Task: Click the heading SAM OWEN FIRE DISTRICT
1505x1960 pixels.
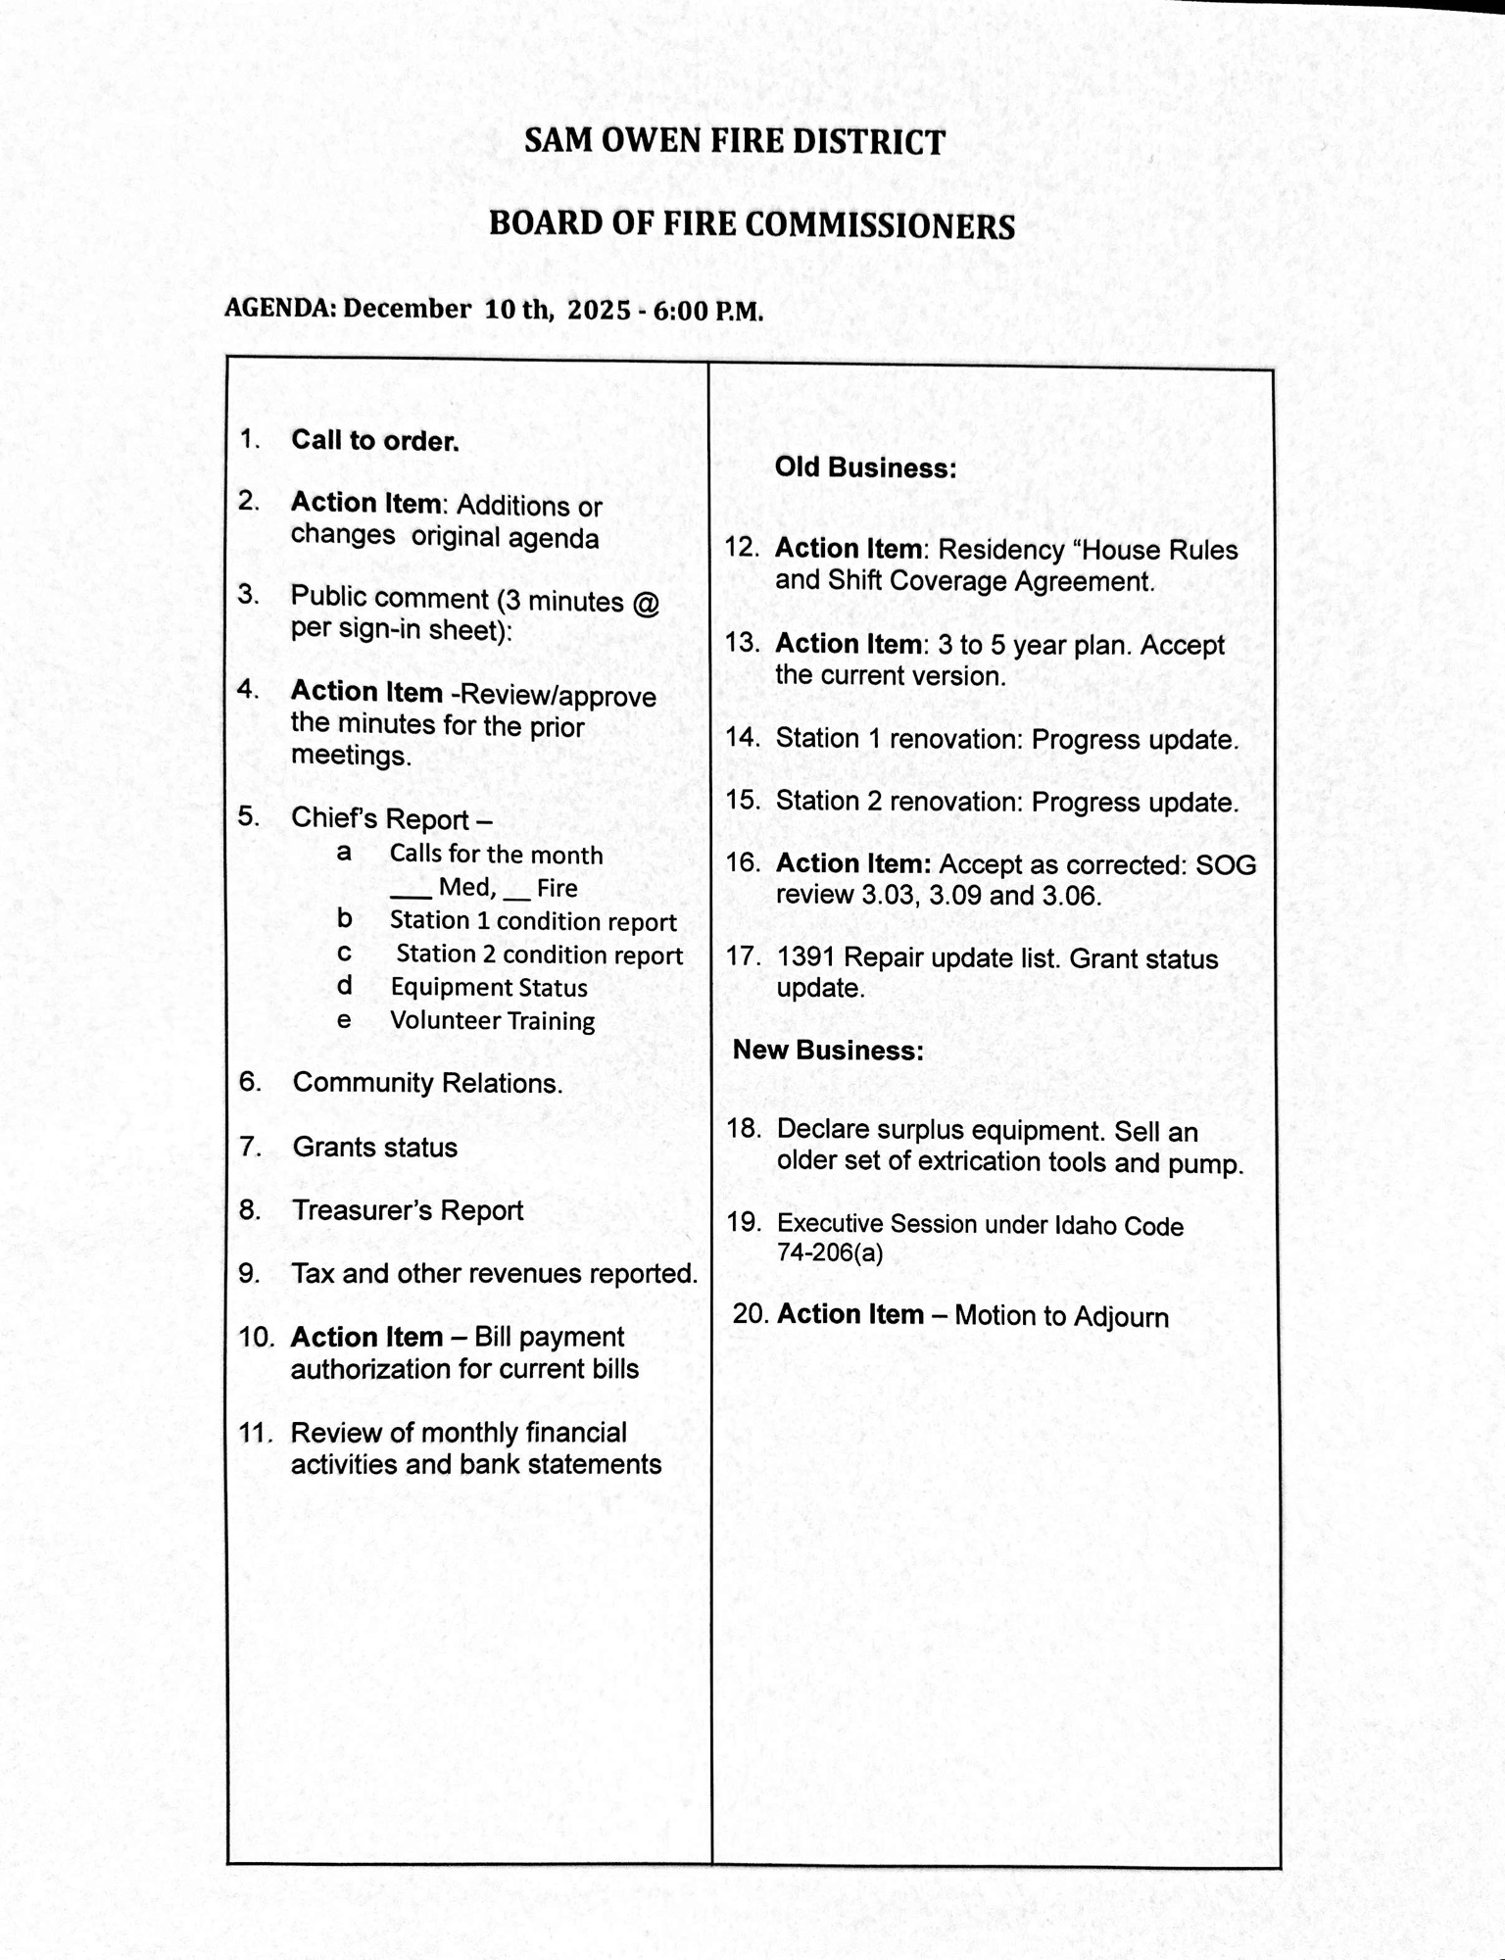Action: pos(734,142)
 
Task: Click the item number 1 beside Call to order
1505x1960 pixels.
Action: pos(249,440)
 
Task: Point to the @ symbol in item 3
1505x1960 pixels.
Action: pos(646,600)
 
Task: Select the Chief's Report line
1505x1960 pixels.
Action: pos(390,818)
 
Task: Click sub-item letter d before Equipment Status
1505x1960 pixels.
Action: pos(344,986)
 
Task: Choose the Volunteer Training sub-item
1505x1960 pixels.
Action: pos(492,1020)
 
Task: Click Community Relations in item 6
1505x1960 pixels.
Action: pos(427,1083)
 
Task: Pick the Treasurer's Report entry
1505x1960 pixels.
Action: pos(408,1210)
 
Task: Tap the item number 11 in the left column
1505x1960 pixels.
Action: pos(255,1433)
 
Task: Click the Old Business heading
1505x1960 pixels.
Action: pos(865,467)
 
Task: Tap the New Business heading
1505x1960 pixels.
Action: pos(828,1051)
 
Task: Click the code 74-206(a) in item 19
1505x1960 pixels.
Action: pos(829,1252)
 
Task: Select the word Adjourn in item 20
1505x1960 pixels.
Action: pos(1116,1316)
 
